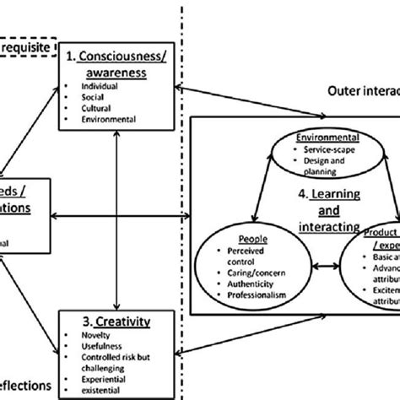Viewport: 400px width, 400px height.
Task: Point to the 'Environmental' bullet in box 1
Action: [100, 119]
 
